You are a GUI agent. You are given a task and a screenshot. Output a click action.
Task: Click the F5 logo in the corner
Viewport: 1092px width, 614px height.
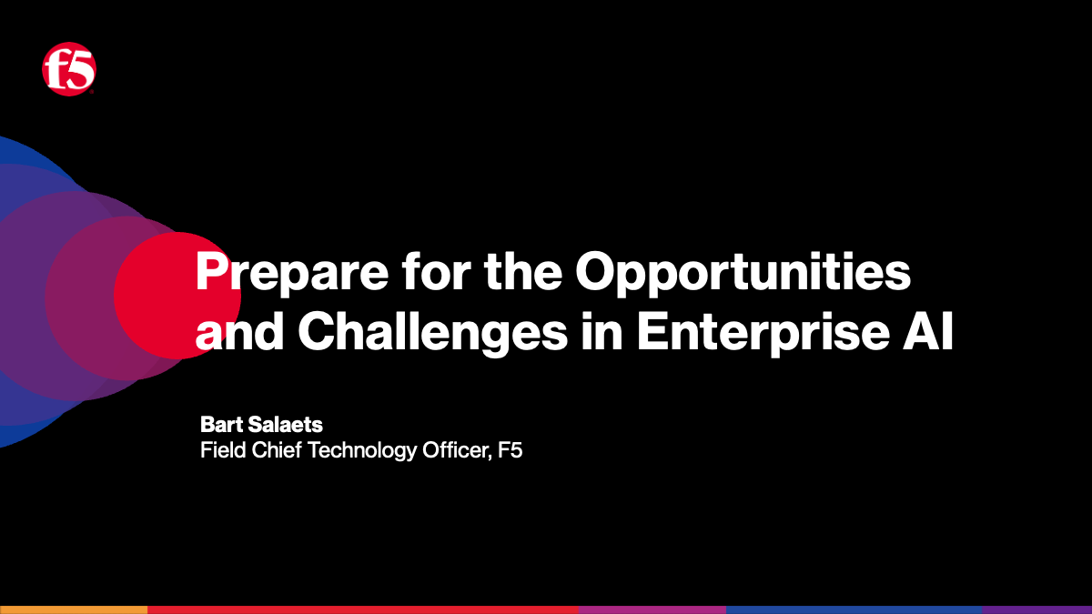click(x=69, y=70)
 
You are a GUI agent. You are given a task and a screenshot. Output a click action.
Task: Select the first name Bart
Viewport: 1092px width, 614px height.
click(x=219, y=425)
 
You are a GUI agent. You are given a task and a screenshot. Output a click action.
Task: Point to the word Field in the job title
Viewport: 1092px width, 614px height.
click(x=221, y=450)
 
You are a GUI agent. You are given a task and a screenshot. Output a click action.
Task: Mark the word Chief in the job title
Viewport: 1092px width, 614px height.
click(x=274, y=450)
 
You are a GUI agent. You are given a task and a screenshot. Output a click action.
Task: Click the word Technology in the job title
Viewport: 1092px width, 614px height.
click(x=363, y=450)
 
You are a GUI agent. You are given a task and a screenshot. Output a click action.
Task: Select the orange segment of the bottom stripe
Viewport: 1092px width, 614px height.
click(x=73, y=609)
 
